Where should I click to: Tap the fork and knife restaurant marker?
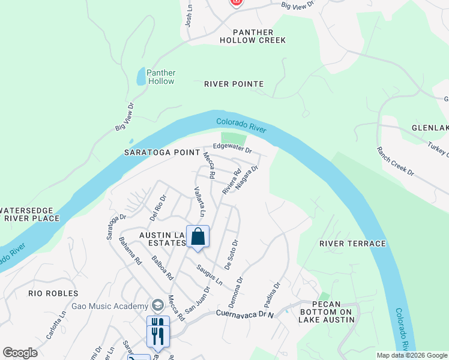tap(158, 331)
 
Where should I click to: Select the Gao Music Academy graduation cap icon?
tap(157, 305)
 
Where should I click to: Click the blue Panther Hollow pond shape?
tap(140, 77)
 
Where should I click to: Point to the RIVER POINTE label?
tap(234, 84)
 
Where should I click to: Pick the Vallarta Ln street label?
tap(200, 201)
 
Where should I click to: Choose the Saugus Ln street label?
tap(210, 273)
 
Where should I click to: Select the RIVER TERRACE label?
tap(352, 243)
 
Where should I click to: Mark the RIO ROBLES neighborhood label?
tap(53, 293)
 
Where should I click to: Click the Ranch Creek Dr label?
tap(395, 161)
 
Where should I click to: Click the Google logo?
tap(20, 353)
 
